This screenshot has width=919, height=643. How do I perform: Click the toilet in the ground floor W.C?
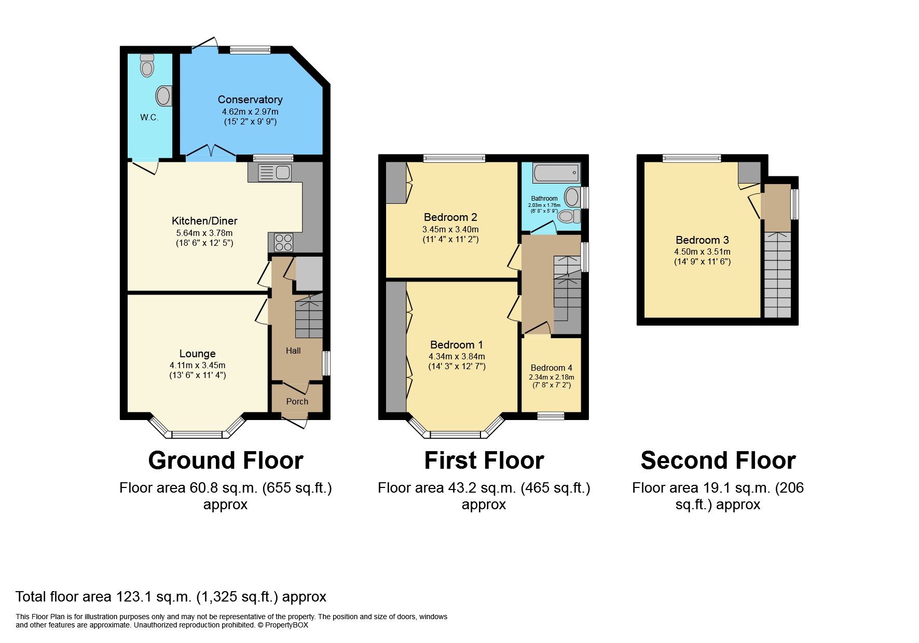pos(147,66)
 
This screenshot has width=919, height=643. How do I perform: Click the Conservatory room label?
pos(250,100)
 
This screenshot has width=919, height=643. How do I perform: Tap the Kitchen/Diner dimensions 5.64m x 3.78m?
pos(204,233)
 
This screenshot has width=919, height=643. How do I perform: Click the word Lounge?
pos(197,354)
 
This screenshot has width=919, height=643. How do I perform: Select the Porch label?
pos(297,401)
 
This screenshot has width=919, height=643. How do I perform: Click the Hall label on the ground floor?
pos(293,351)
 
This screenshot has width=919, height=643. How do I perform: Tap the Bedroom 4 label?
pos(552,368)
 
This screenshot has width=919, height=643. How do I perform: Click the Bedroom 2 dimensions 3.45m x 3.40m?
pos(450,229)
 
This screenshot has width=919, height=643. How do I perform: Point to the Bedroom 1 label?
pos(457,345)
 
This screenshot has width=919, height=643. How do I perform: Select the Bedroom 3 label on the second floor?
pos(702,240)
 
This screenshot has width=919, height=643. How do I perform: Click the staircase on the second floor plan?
pos(777,275)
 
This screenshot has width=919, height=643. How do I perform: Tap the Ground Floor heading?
pos(225,460)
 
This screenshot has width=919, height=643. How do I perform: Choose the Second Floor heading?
pos(718,460)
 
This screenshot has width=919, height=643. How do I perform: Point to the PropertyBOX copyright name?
pos(286,625)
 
